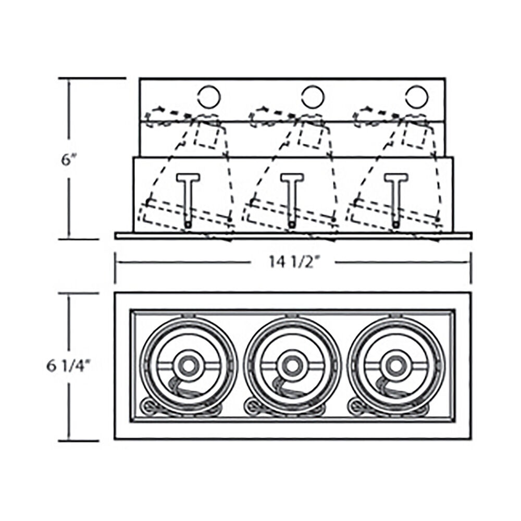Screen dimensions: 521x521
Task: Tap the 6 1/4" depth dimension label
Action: click(x=69, y=366)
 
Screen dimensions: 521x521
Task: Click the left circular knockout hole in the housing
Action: click(x=209, y=97)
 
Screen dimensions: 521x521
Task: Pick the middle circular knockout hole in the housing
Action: click(x=313, y=97)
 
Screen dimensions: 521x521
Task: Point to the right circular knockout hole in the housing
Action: click(x=417, y=97)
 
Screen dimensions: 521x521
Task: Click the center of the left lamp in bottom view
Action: click(x=189, y=366)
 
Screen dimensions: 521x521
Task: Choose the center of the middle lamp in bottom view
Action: click(x=292, y=366)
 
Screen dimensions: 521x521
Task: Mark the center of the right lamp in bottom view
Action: click(x=395, y=366)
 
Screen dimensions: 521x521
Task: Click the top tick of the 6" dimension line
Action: click(x=92, y=79)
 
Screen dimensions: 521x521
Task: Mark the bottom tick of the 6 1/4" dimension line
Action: click(x=79, y=441)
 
